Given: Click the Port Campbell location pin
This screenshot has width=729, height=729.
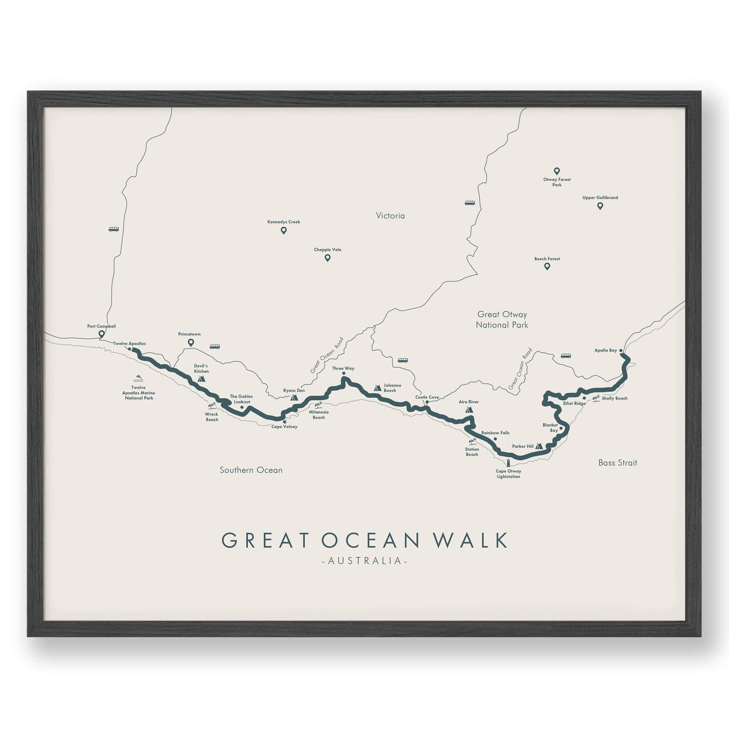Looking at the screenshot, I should pos(101,334).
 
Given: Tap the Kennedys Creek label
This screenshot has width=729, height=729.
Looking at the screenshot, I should pos(284,222).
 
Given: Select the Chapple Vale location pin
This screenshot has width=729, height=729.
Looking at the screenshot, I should pos(327,258).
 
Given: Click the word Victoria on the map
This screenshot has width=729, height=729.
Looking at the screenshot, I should pos(390,216).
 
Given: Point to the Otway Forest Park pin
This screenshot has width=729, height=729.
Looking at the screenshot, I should pos(556,171).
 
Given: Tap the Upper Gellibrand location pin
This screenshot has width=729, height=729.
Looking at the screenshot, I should pos(600,206).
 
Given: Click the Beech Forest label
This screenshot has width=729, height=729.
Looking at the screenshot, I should pos(547,259).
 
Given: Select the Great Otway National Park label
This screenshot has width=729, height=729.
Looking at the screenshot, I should pos(502,320).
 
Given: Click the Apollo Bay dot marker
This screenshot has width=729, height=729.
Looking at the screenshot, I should pos(621,351).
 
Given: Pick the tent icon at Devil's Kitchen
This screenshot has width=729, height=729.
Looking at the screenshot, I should pos(201,379).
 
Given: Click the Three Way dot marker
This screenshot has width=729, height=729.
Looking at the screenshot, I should pos(343,374).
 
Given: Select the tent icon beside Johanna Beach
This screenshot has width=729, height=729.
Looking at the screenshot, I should pos(377,388).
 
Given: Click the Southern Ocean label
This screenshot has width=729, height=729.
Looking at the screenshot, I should pos(251,470).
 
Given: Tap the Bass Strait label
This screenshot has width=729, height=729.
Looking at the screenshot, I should pos(617,463).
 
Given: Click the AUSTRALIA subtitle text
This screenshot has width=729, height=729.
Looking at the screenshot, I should pos(365,561).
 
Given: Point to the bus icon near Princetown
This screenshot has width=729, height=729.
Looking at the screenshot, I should pos(214,347).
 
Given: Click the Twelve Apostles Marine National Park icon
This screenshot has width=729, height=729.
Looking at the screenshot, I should pos(138,379).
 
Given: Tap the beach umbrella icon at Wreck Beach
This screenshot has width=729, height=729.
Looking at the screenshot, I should pos(212,405).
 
